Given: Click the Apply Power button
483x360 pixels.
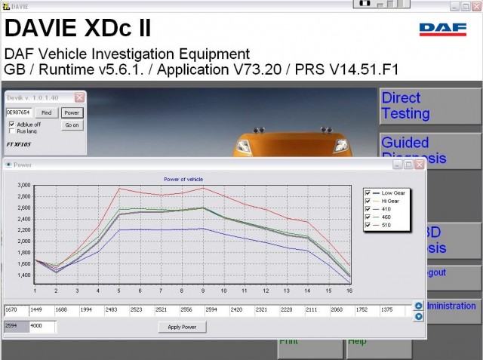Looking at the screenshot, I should tap(182, 327).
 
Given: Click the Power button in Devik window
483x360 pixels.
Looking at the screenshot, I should tap(72, 112).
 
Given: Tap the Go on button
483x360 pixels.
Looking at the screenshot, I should tap(72, 125).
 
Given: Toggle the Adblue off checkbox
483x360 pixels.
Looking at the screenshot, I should tap(11, 124).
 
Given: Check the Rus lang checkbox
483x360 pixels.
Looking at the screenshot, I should tap(11, 131).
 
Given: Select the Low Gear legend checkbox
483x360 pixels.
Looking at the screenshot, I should tap(368, 192).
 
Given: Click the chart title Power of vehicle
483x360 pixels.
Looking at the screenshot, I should tap(184, 179).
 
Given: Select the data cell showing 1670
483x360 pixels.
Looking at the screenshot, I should tap(15, 310).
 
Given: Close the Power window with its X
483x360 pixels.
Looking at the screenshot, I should tap(420, 164).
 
